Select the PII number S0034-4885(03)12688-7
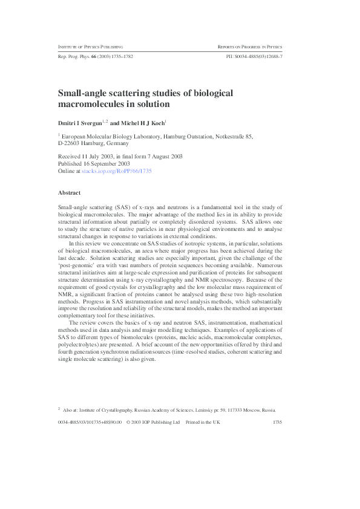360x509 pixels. pos(254,56)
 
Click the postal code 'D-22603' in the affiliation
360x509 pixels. pos(70,144)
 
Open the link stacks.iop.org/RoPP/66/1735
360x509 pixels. pos(122,171)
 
